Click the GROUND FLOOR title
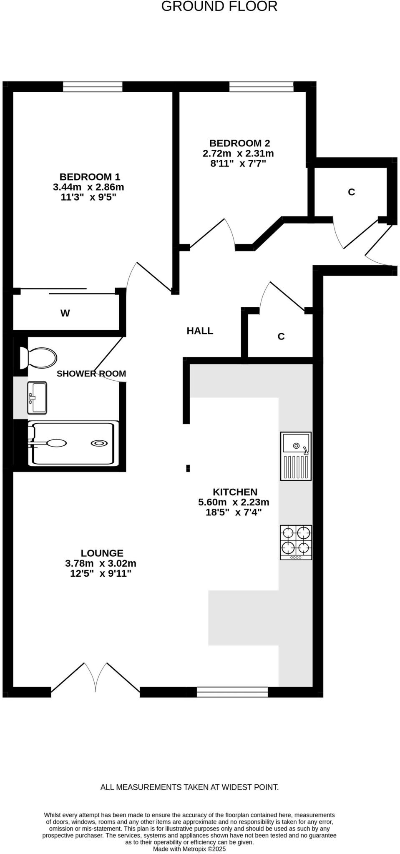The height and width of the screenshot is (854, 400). click(219, 7)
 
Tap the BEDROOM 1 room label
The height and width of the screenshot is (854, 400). click(86, 177)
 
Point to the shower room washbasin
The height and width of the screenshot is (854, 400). click(37, 397)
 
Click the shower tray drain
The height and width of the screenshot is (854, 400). click(99, 443)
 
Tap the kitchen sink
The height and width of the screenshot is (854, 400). click(296, 455)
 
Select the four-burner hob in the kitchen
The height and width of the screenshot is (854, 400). click(296, 542)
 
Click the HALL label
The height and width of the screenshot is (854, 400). click(200, 331)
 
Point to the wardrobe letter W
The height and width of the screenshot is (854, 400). click(65, 313)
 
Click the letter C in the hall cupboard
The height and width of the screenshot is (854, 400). click(281, 337)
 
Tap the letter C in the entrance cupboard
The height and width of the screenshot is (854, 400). click(351, 192)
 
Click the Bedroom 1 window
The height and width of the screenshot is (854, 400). click(93, 87)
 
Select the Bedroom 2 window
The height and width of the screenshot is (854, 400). click(262, 87)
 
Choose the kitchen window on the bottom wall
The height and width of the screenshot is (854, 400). click(232, 692)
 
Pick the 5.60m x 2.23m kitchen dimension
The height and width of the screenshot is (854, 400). click(234, 502)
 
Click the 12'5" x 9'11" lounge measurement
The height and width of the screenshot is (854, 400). click(101, 573)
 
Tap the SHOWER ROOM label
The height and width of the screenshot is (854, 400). click(91, 374)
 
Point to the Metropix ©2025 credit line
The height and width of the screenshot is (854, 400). click(189, 849)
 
